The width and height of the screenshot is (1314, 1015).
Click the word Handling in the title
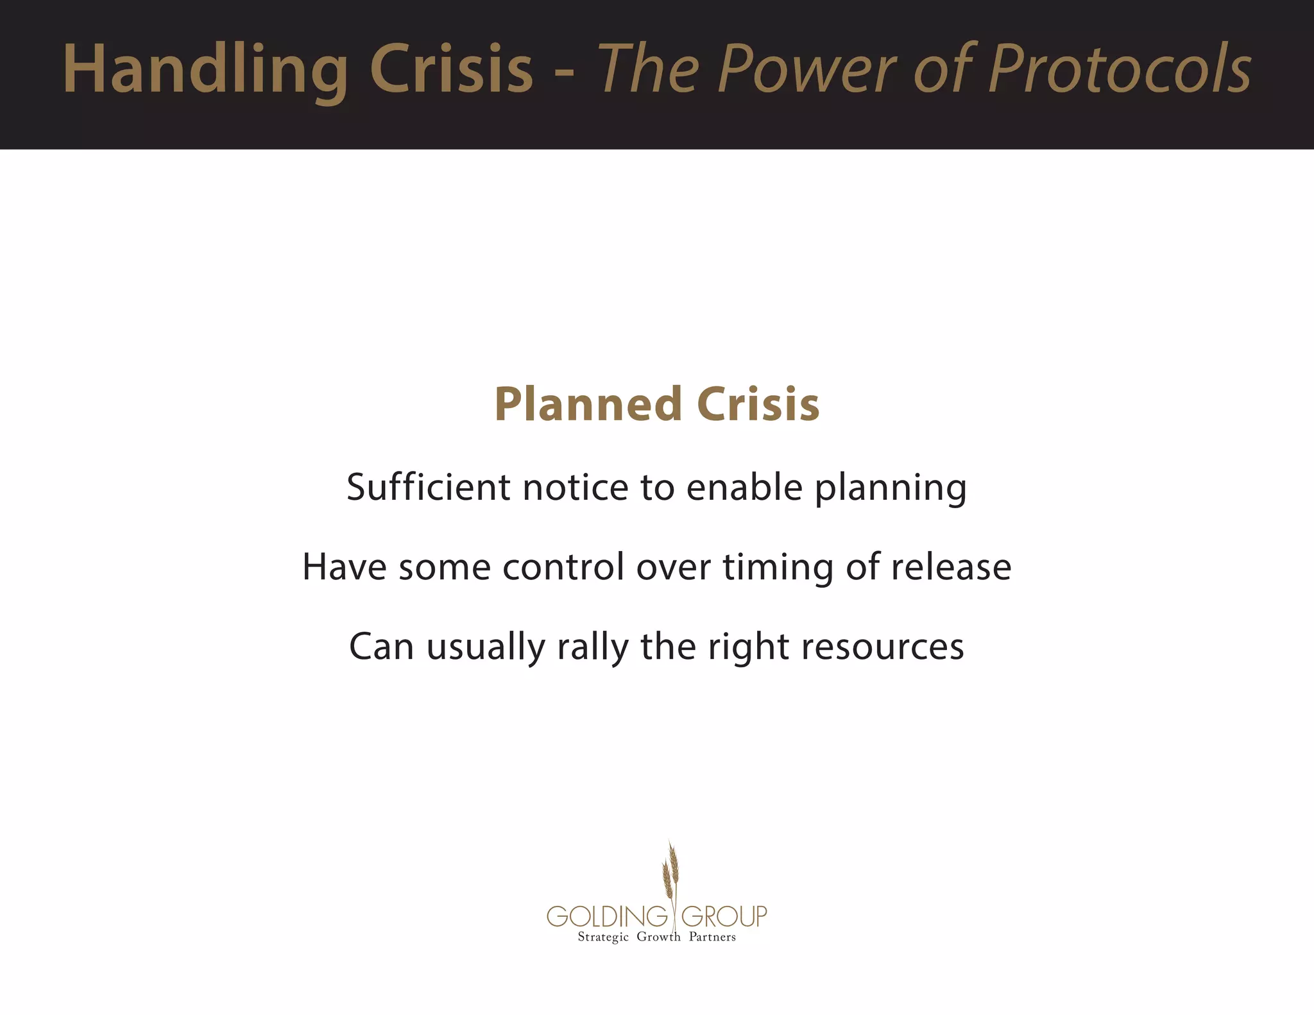205,69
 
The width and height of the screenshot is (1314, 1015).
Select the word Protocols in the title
1120,69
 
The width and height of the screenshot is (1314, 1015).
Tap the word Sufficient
428,487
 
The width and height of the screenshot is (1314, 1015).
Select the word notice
576,487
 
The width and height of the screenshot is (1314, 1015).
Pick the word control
563,567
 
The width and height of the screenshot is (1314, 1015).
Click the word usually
486,647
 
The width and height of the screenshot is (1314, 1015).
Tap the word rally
593,647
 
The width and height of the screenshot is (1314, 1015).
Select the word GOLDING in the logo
607,916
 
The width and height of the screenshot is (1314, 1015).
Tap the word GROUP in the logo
724,916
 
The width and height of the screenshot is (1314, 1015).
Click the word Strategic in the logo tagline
603,937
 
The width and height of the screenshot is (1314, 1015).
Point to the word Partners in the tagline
712,937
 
